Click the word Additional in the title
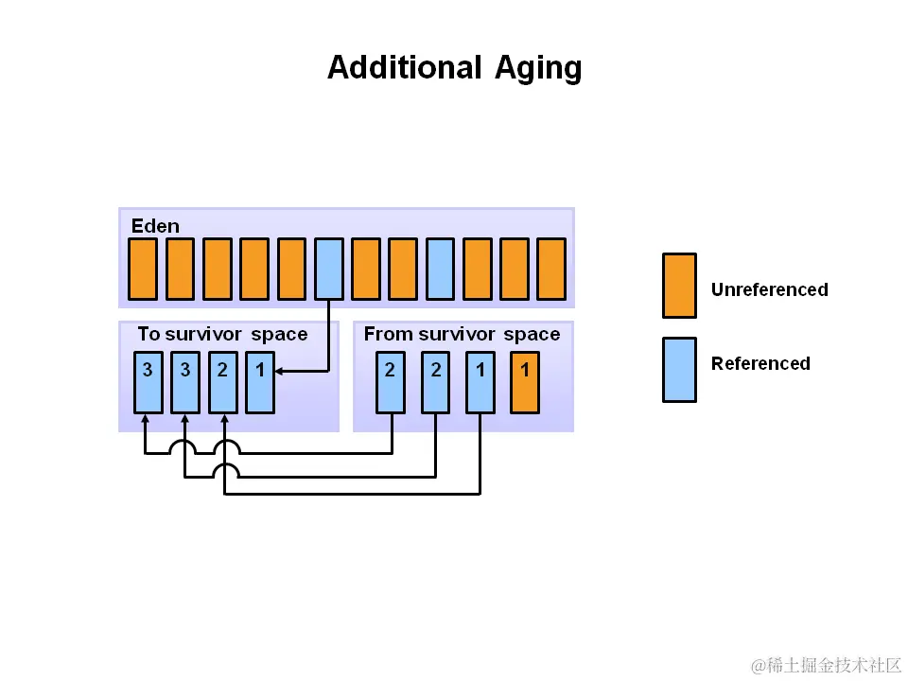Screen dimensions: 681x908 click(405, 68)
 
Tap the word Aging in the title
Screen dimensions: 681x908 click(538, 69)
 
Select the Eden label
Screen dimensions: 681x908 click(155, 225)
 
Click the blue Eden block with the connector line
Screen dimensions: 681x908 click(328, 269)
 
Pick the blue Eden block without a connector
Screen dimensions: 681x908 click(440, 269)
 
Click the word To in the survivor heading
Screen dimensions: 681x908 click(148, 334)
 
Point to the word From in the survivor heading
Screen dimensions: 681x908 click(388, 334)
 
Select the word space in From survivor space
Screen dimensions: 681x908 click(532, 334)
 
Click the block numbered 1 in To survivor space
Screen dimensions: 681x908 click(260, 382)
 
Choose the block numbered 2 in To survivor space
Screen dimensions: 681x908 click(222, 382)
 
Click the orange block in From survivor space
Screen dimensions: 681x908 click(525, 382)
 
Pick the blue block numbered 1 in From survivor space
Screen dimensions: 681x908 click(480, 382)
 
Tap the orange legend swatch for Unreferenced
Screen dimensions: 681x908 click(679, 286)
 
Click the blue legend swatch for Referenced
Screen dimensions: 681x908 click(679, 370)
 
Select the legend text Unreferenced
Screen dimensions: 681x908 click(769, 289)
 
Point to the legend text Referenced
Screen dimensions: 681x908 click(760, 363)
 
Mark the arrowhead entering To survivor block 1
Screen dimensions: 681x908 click(280, 372)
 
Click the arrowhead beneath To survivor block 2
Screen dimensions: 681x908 click(223, 418)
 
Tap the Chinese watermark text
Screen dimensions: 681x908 click(827, 666)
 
